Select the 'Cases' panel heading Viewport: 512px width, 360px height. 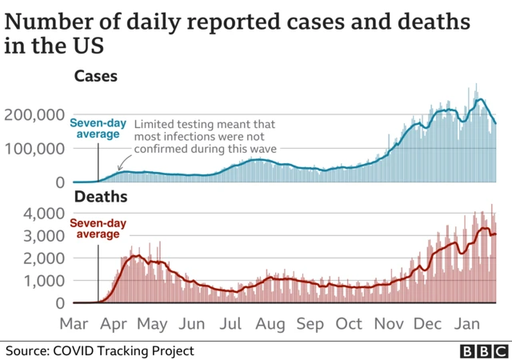coord(96,77)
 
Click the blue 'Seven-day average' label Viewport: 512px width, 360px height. coord(98,129)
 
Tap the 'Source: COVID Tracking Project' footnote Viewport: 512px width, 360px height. coord(100,350)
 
